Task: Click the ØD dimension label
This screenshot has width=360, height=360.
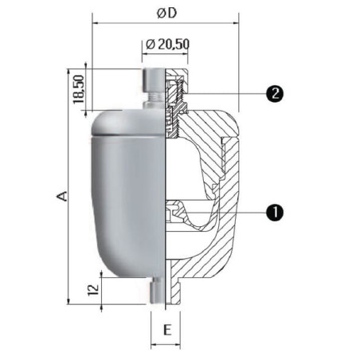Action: pyautogui.click(x=166, y=14)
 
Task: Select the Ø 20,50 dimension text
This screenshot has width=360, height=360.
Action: pyautogui.click(x=168, y=44)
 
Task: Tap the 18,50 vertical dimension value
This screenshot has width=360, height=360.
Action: pyautogui.click(x=79, y=89)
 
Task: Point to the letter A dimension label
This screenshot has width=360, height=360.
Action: pyautogui.click(x=62, y=196)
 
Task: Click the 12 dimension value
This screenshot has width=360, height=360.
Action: pyautogui.click(x=93, y=290)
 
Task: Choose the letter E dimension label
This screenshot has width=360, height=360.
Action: pyautogui.click(x=167, y=330)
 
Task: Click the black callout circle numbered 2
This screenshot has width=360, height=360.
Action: pyautogui.click(x=275, y=93)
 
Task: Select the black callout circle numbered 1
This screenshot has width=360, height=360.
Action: pyautogui.click(x=275, y=213)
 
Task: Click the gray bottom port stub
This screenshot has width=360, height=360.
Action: pyautogui.click(x=157, y=291)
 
